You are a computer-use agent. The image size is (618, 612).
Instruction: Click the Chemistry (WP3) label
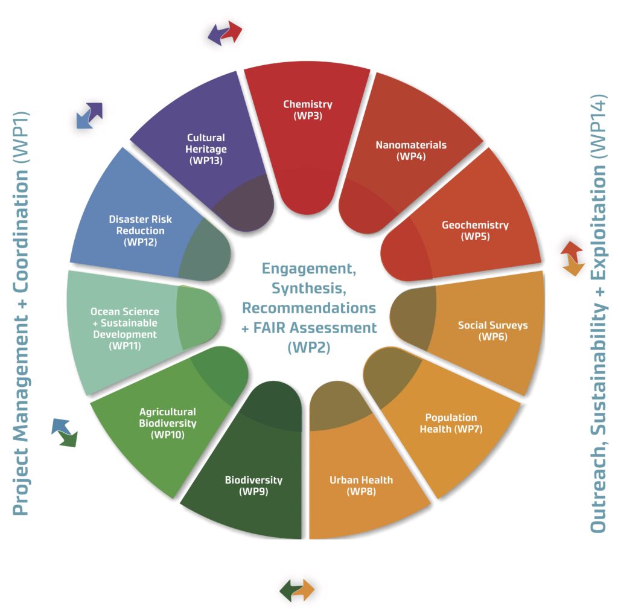point(308,110)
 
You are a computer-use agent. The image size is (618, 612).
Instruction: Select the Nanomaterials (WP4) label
point(411,150)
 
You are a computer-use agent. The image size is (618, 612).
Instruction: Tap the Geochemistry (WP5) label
point(476,231)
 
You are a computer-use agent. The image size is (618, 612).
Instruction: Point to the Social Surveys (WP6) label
point(492,331)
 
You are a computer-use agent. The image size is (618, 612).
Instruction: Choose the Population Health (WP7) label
point(451,423)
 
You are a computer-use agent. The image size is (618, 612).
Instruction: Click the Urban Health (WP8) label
point(361,485)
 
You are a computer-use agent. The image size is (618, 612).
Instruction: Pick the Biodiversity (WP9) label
point(253,485)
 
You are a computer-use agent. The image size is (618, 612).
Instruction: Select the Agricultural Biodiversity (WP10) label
point(168,423)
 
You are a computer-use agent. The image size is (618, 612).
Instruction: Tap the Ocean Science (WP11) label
point(125,329)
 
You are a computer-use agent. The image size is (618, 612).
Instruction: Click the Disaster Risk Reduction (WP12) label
point(140,231)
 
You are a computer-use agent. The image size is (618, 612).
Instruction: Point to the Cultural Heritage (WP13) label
point(206,149)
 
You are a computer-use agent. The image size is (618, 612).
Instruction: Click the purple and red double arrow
point(225,33)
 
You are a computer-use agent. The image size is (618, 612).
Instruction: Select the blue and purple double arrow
point(89,115)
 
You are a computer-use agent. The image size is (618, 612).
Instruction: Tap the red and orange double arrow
point(572,259)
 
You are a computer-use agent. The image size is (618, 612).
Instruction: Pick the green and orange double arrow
point(297,590)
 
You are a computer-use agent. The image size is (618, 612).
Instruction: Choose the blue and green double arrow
point(65,433)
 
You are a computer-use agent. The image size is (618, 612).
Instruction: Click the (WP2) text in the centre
point(308,348)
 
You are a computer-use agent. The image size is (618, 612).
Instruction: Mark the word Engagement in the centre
point(308,269)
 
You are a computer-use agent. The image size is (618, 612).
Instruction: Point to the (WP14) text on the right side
point(598,126)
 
